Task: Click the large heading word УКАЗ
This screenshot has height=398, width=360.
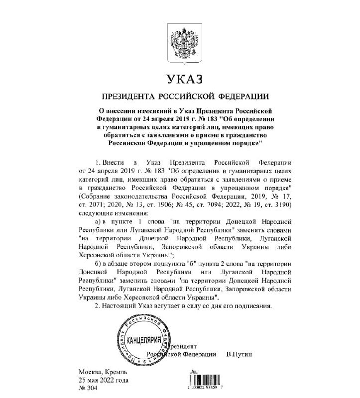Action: point(180,80)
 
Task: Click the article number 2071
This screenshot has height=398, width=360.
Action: point(100,204)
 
